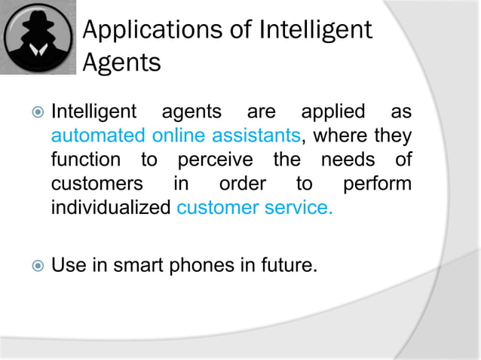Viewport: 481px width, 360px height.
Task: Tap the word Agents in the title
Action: [121, 63]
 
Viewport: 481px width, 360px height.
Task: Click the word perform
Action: [377, 184]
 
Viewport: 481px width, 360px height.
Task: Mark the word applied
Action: [334, 113]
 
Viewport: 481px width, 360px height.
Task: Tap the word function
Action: [85, 160]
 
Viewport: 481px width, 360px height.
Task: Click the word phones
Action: [204, 264]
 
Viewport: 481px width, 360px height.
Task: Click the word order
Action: [241, 184]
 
